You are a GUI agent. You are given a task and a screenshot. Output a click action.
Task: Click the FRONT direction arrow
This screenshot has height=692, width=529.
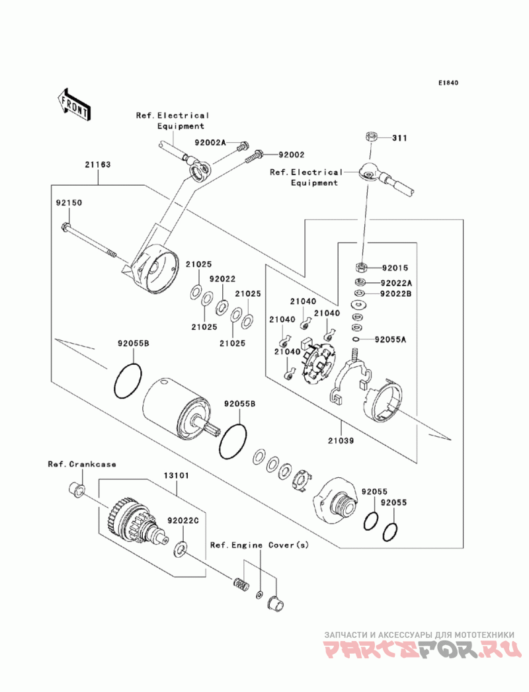tap(74, 102)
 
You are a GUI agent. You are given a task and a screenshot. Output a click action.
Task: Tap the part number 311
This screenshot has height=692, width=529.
tap(399, 138)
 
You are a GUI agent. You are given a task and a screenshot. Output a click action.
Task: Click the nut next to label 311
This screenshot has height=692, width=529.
tap(371, 137)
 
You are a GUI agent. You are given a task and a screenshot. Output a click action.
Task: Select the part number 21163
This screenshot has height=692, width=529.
tap(97, 165)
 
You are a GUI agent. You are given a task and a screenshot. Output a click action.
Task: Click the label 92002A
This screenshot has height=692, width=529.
tap(210, 143)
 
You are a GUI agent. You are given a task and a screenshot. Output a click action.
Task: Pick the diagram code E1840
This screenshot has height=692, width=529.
tap(448, 83)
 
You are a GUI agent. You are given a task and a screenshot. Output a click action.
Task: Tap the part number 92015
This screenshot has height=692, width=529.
tap(395, 268)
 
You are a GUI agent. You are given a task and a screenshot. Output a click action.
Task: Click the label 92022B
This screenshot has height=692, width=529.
tap(395, 293)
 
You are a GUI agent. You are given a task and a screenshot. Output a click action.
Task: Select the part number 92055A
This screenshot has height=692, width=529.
tap(390, 339)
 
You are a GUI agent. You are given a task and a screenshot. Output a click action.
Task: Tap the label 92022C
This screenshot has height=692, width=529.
tap(183, 520)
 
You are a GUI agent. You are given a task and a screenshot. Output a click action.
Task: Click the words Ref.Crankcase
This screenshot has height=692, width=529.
tap(81, 464)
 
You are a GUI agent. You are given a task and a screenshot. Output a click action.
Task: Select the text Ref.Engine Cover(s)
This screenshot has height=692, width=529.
tap(259, 545)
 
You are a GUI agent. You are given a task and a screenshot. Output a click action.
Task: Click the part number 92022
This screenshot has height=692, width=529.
tap(222, 280)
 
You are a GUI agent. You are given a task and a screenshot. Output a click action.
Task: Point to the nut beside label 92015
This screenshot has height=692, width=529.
tap(362, 268)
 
